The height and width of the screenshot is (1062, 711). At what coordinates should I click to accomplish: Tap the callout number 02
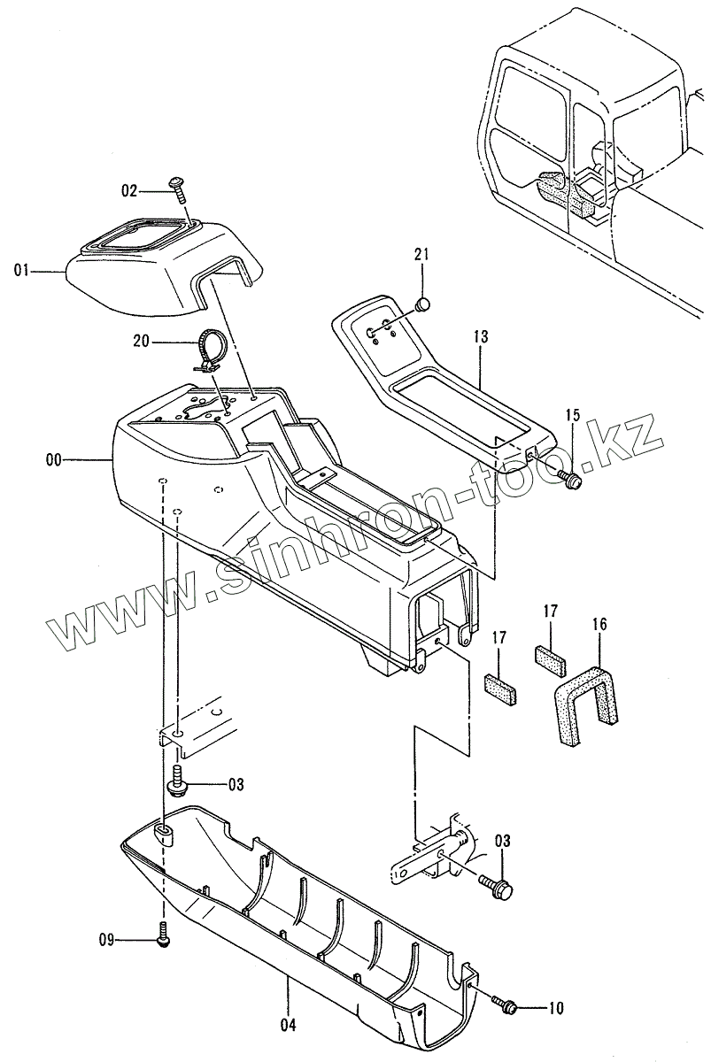[130, 189]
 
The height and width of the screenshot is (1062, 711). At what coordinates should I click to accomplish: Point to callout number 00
[54, 460]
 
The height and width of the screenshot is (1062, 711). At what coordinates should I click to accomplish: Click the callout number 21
[421, 255]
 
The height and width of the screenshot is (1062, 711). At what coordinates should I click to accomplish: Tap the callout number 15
[573, 414]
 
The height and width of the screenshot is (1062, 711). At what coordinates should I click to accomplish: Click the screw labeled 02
[177, 185]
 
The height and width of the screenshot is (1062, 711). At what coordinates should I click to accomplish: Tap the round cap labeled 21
[422, 305]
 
